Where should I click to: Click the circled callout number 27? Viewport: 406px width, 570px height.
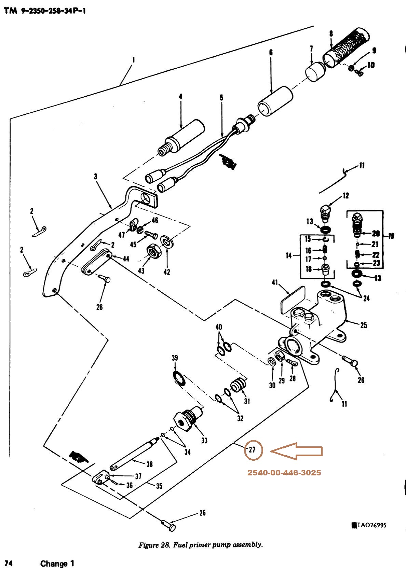click(x=252, y=450)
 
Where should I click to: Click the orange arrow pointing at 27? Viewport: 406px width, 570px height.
click(x=296, y=451)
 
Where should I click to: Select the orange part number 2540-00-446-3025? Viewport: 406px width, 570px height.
click(x=284, y=473)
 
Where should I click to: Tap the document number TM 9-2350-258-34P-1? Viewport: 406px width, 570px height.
click(x=45, y=11)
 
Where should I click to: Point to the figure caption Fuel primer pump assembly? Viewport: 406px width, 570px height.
click(x=201, y=545)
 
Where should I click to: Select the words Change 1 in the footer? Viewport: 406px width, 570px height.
click(x=57, y=563)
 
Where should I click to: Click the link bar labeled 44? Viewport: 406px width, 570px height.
click(x=97, y=262)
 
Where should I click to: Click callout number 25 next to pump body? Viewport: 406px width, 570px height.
click(x=363, y=325)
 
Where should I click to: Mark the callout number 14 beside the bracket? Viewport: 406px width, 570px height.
click(x=289, y=255)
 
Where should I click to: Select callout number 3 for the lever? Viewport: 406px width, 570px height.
click(x=95, y=176)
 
